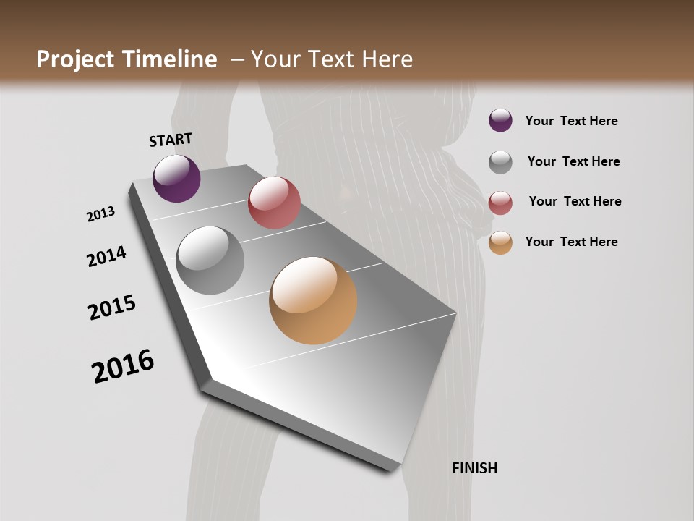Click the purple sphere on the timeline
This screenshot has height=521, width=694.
pos(176,178)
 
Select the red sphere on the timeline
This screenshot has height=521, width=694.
pos(274,203)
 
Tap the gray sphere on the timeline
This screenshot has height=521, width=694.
pos(210,260)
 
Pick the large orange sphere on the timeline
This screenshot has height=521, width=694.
pos(313,300)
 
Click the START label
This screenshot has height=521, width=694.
pos(171,140)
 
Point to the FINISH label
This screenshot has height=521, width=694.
pos(475,468)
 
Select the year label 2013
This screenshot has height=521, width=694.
pos(101,214)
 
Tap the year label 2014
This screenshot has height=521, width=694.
pos(106,256)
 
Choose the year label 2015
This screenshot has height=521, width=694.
pos(112,308)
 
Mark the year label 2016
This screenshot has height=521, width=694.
pos(123,366)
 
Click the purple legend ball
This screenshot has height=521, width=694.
pos(500,120)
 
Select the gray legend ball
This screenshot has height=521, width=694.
pos(500,162)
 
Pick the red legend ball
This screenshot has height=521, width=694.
pos(500,203)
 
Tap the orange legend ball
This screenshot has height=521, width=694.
pos(500,242)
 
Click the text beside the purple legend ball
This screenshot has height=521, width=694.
pos(571,121)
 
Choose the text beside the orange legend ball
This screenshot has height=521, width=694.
pos(571,242)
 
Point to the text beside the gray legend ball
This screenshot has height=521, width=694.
pos(573,161)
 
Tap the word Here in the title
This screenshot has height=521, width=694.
pos(387,59)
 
